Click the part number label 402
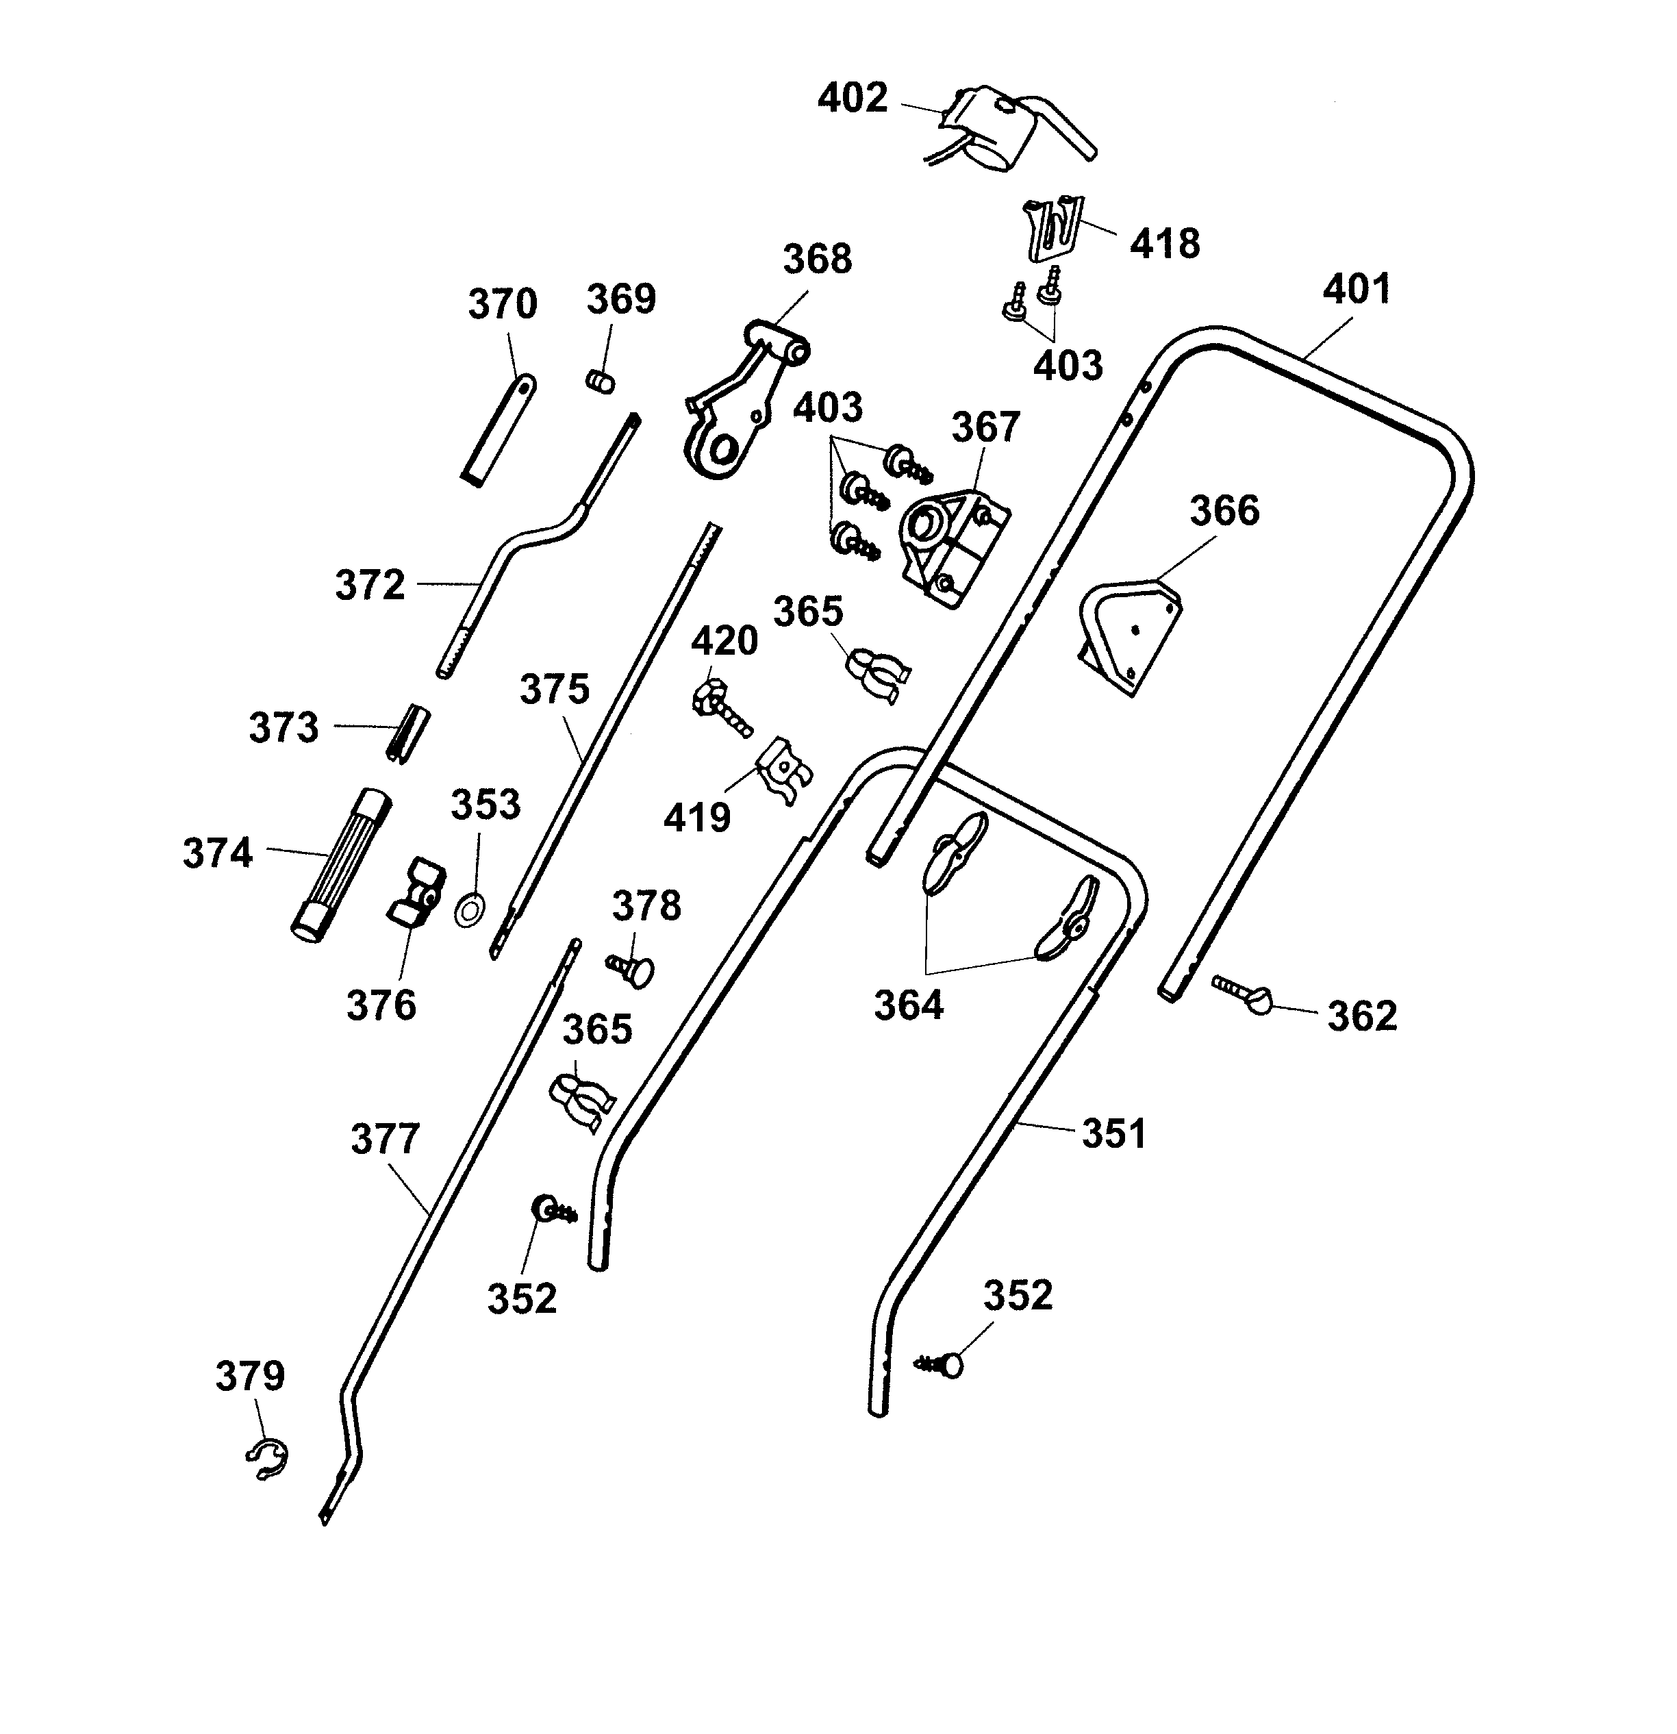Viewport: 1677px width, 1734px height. (x=852, y=97)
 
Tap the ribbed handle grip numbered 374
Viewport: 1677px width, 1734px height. (x=342, y=867)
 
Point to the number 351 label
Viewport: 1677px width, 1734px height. (x=1113, y=1133)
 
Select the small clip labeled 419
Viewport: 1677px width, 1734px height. (x=783, y=770)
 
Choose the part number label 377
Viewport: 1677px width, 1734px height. (x=385, y=1140)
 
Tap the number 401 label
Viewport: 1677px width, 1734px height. (x=1356, y=289)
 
